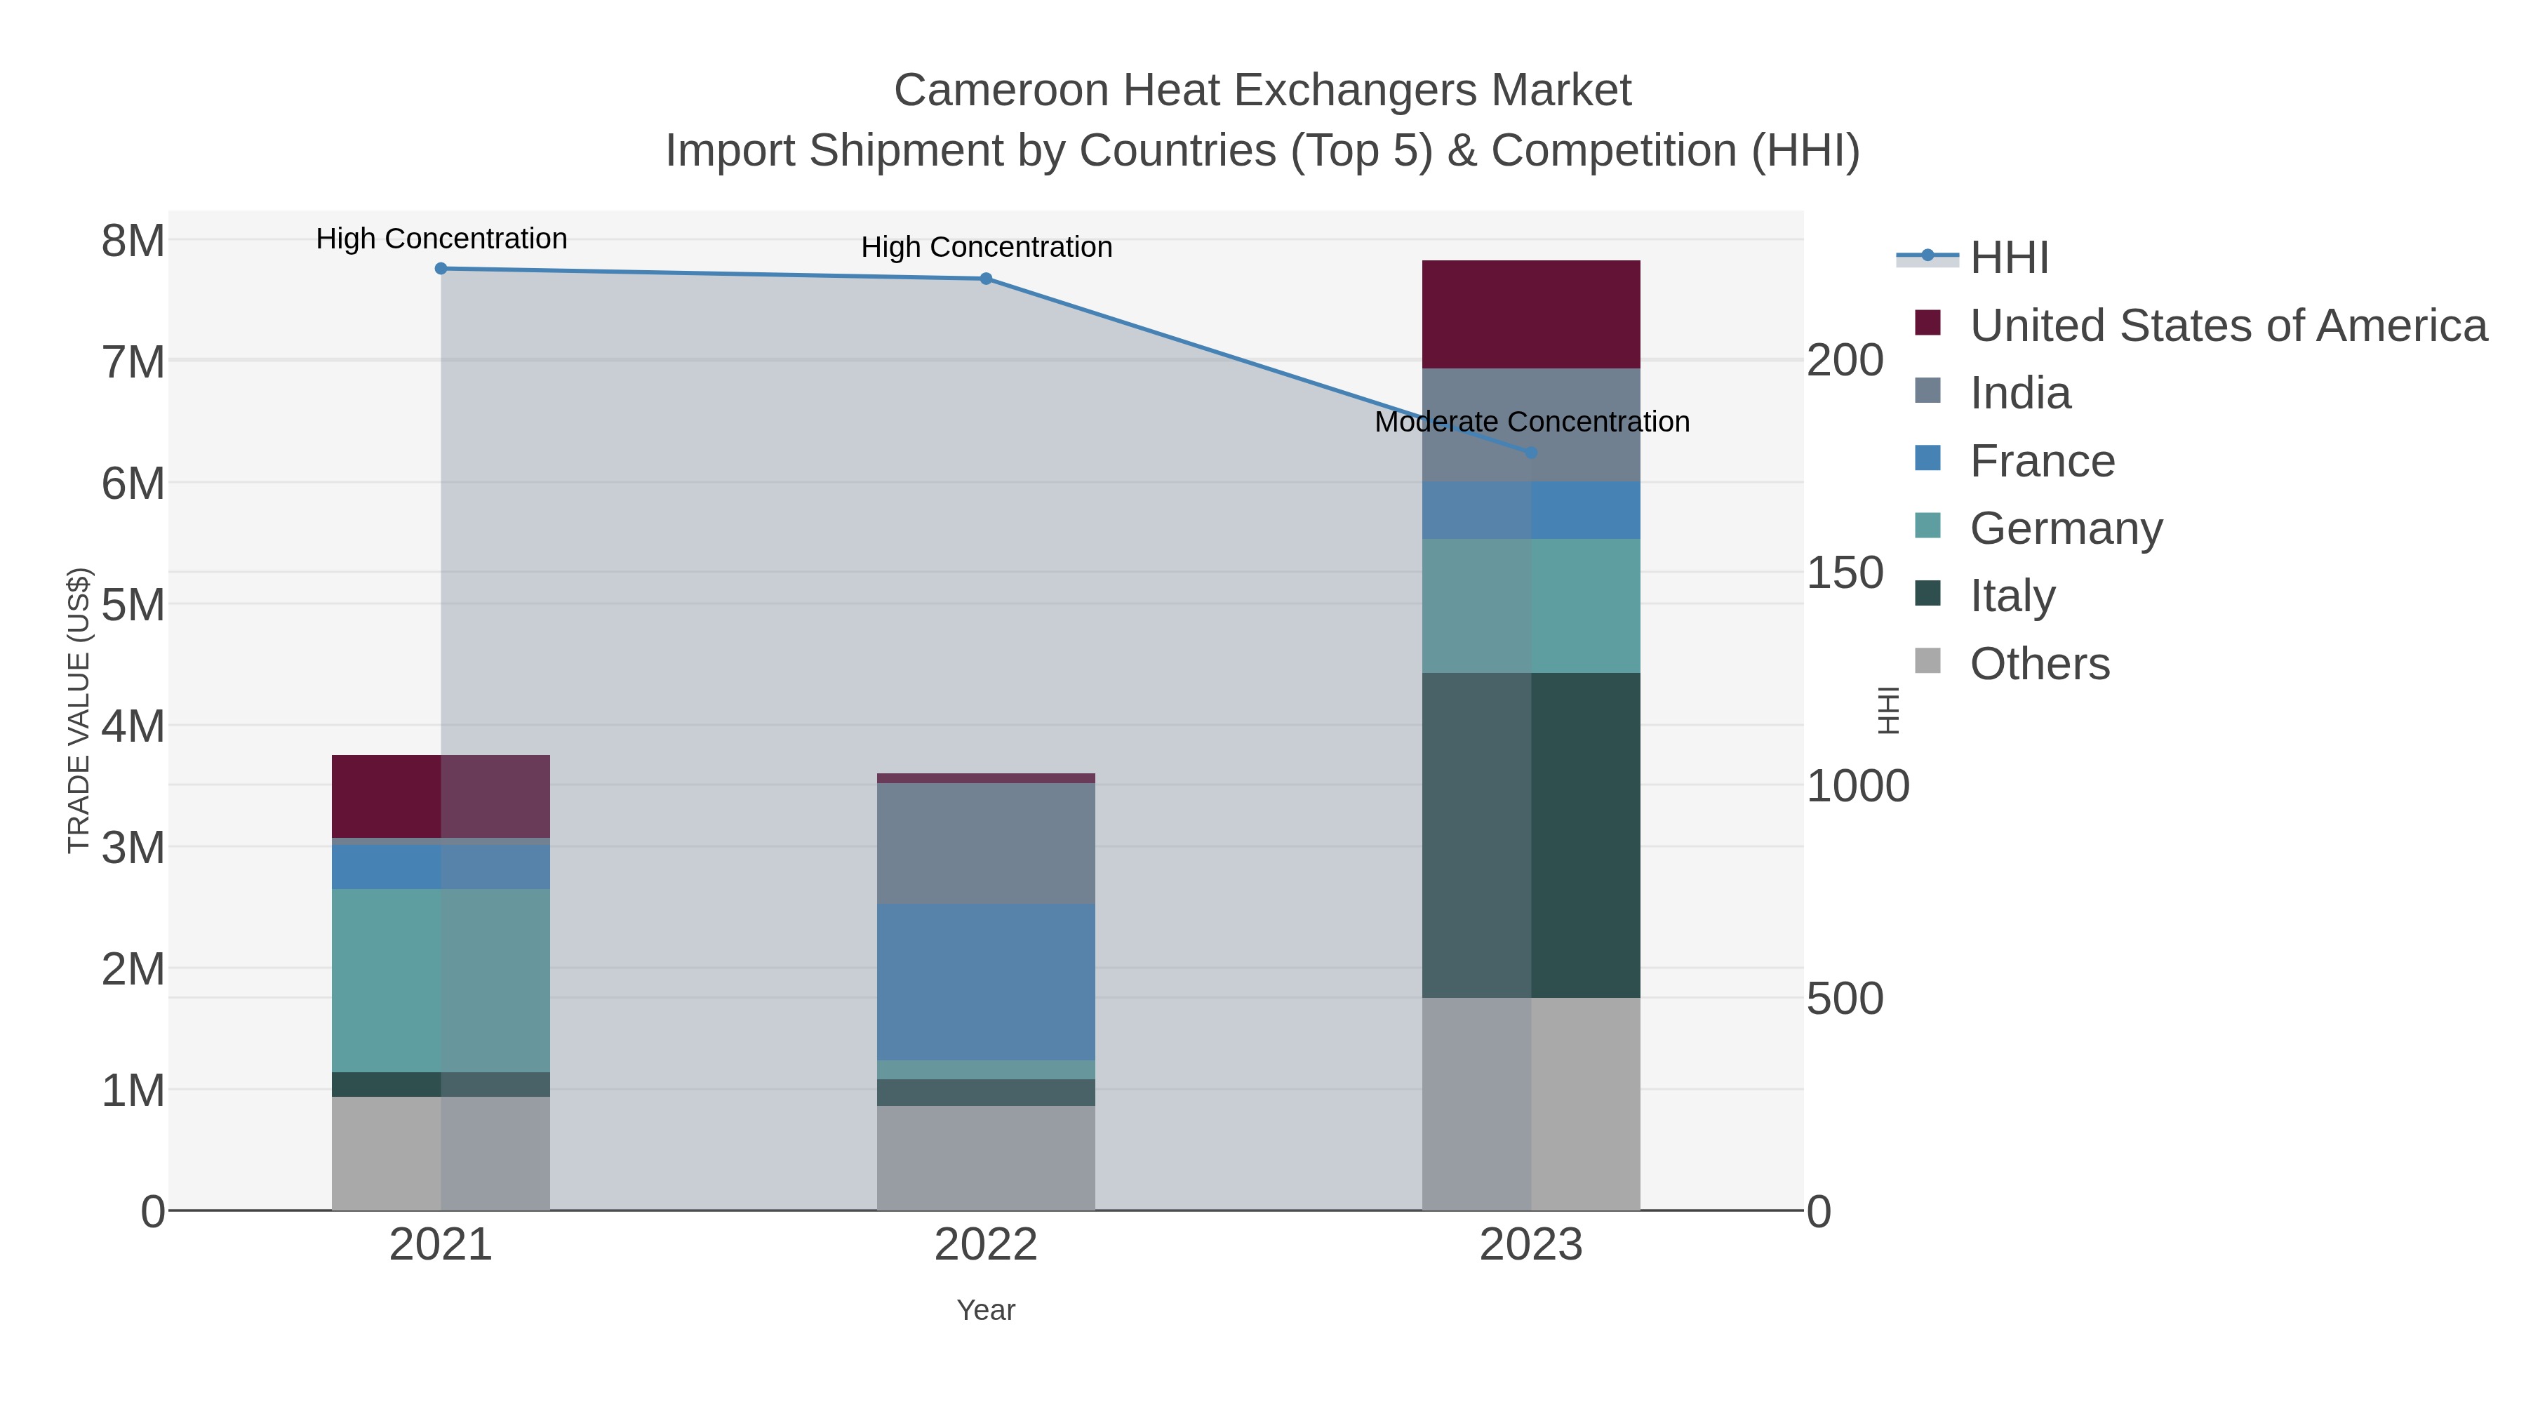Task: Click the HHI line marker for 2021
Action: tap(441, 269)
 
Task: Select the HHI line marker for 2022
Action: tap(986, 279)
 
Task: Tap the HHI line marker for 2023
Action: tap(1531, 452)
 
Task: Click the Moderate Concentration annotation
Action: tap(1532, 422)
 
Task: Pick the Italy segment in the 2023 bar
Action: tap(1531, 834)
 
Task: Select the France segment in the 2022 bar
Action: tap(986, 982)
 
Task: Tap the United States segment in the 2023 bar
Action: tap(1531, 314)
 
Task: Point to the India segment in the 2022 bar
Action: tap(986, 843)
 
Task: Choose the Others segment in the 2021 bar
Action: tap(441, 1152)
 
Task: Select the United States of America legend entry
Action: tap(2228, 326)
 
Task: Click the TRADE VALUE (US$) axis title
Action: tap(79, 710)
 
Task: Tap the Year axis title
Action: tap(986, 1310)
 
